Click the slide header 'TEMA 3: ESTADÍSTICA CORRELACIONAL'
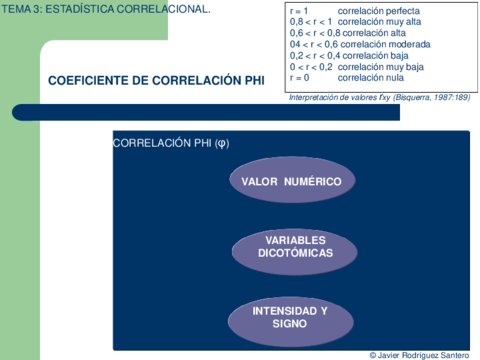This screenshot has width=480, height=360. [x=106, y=8]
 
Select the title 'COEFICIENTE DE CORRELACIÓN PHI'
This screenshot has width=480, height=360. [x=155, y=81]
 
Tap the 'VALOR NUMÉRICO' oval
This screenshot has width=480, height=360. [x=291, y=181]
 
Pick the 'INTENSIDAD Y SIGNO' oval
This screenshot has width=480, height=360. [x=290, y=318]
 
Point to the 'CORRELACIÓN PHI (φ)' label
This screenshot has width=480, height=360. [x=171, y=143]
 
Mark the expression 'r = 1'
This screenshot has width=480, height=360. [x=299, y=11]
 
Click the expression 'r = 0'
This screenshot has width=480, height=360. [x=299, y=77]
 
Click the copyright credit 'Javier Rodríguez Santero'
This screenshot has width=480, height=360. [x=423, y=354]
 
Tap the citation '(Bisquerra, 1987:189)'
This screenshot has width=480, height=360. [x=421, y=97]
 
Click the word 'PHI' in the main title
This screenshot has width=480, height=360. [x=251, y=81]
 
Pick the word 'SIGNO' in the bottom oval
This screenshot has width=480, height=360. [x=290, y=325]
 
